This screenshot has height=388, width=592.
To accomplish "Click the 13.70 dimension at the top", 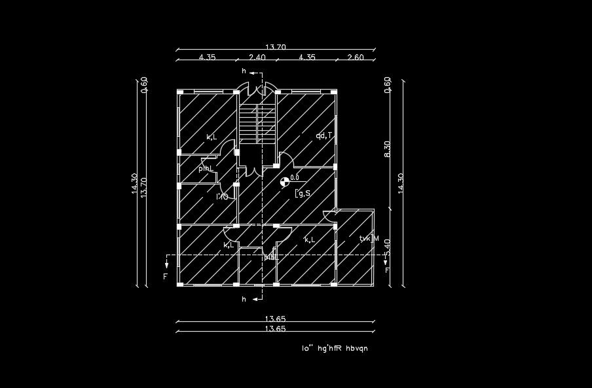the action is (275, 46).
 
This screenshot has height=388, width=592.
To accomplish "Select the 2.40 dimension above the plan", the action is (257, 58).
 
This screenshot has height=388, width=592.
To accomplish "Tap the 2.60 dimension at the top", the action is (355, 58).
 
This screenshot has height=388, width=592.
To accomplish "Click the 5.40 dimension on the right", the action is (387, 247).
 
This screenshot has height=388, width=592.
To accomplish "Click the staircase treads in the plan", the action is (256, 124).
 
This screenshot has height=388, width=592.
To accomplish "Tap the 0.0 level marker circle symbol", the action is (284, 183).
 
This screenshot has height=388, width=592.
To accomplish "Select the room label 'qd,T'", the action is (324, 135).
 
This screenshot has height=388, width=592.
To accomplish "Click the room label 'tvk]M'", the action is (369, 238).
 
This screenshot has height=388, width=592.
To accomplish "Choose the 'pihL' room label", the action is (206, 168).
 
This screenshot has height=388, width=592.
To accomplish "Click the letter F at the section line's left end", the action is (166, 277).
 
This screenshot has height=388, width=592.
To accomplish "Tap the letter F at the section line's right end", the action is (387, 270).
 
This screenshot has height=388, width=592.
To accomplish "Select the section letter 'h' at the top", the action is (244, 71).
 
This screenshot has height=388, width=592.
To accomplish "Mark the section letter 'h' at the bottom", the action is (244, 299).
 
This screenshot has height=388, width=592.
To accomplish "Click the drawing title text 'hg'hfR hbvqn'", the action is (343, 348).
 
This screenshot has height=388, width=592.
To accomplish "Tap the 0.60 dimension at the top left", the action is (145, 85).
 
